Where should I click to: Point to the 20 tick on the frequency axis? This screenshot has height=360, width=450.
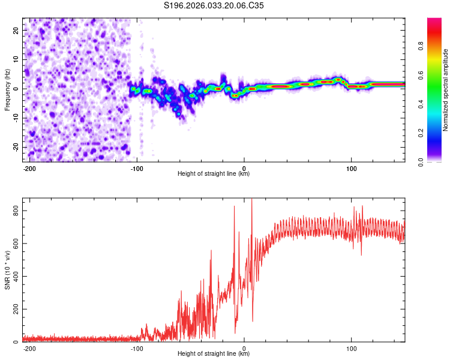point(17,30)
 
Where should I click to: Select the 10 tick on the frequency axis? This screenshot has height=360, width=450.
point(17,59)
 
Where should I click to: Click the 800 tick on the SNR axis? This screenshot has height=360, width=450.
point(14,211)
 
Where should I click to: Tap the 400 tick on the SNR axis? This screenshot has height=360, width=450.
point(14,276)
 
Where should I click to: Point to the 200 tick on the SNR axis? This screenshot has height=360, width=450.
point(14,309)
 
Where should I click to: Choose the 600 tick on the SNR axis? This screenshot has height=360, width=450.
point(14,244)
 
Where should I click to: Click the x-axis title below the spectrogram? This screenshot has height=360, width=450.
point(214,174)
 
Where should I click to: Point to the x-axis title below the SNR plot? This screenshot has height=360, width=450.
point(214,354)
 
